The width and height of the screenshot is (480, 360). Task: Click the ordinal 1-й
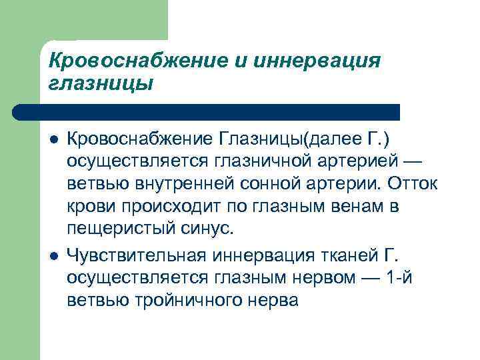tap(400, 277)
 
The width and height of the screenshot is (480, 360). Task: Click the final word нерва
tap(271, 299)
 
